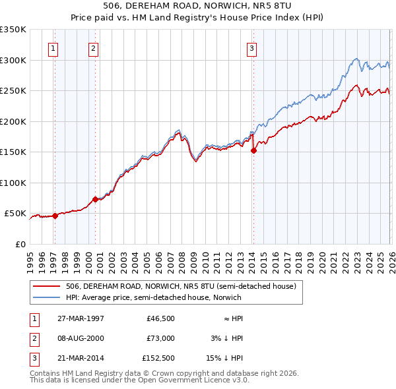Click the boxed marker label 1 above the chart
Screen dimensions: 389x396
tap(53, 47)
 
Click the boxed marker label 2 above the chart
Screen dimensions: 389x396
tap(94, 47)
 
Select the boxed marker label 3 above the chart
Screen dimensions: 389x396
tap(252, 47)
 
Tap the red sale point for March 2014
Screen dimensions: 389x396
tap(253, 150)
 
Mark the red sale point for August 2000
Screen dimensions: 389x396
tap(95, 199)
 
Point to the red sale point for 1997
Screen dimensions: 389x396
tap(55, 216)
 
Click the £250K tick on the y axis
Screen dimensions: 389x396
tap(13, 91)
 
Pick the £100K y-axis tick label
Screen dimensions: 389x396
tap(13, 183)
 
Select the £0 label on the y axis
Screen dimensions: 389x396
tap(19, 245)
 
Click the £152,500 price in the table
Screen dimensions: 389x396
tap(158, 359)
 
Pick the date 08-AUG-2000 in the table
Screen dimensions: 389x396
tap(81, 338)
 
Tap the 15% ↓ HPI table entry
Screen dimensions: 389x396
tap(225, 359)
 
